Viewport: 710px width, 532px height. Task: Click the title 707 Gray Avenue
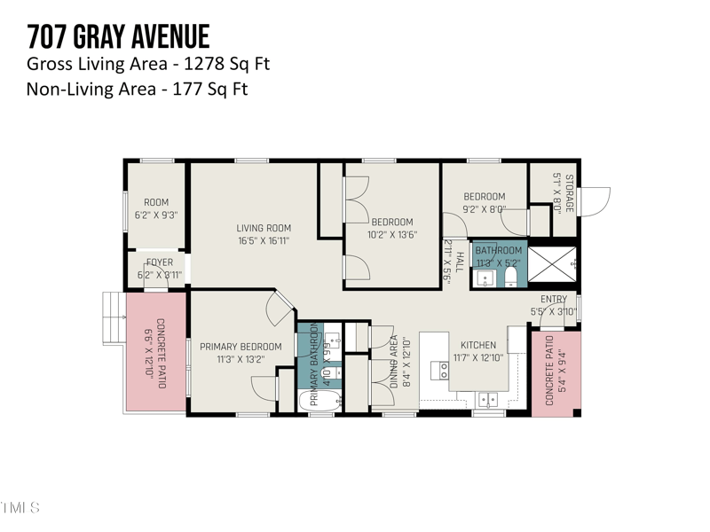118,36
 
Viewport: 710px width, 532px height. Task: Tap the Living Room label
263,228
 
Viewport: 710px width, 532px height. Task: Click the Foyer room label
160,262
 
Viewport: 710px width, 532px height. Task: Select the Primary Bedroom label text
240,347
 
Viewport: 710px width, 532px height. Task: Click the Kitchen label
478,346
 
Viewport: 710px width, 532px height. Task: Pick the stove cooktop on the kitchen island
438,369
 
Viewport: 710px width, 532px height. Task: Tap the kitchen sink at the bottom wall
488,400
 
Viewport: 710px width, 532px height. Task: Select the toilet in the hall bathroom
511,278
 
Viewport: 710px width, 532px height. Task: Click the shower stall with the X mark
559,262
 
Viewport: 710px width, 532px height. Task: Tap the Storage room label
569,193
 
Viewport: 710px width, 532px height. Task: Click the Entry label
553,300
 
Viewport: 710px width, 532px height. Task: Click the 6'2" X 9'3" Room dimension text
156,215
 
